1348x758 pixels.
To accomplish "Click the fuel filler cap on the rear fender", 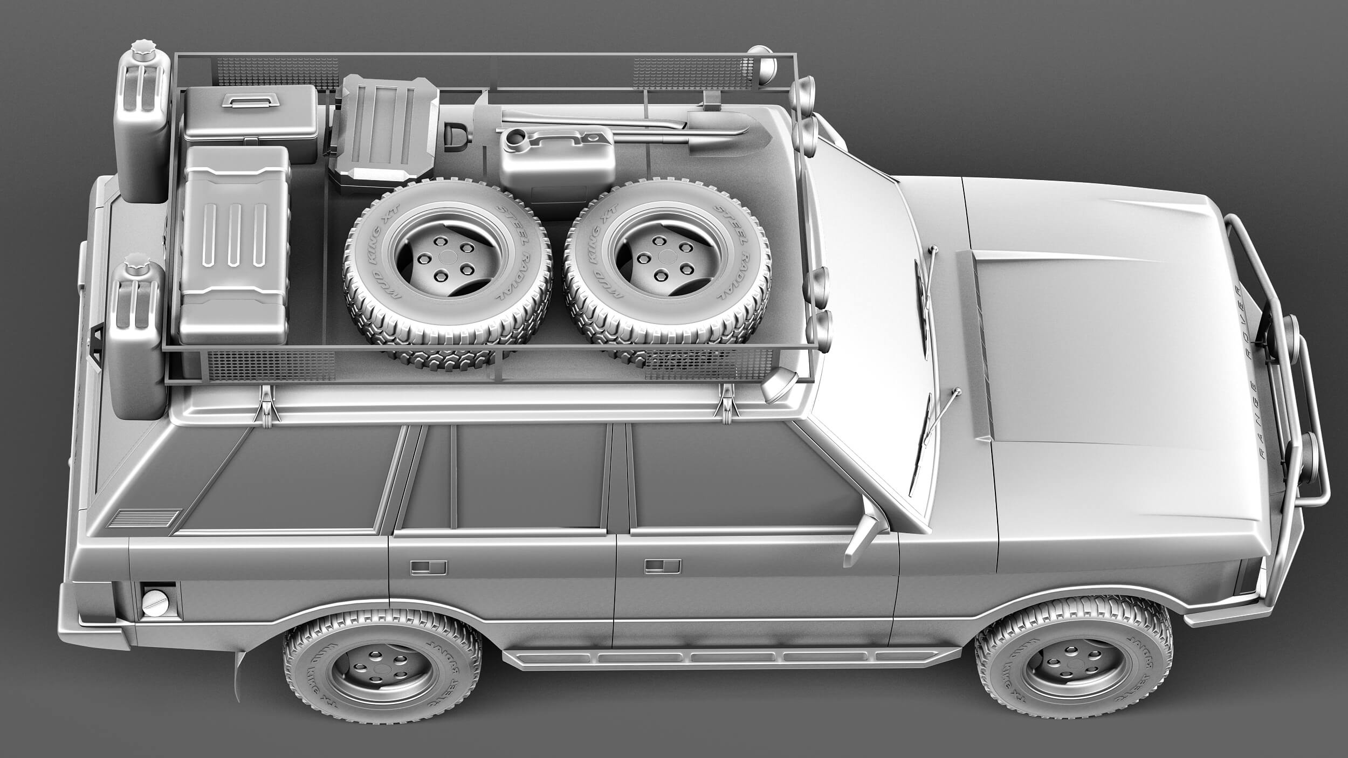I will (x=155, y=603).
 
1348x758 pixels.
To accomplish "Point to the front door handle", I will (x=662, y=566).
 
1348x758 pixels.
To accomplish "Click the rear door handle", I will (x=428, y=567).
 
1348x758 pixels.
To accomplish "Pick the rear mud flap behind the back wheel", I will (x=238, y=677).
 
